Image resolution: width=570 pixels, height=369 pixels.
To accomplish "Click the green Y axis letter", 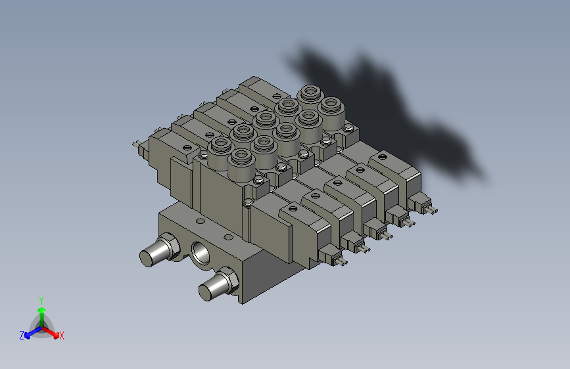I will [41, 299].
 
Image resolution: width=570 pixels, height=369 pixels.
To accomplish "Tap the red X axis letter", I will [62, 336].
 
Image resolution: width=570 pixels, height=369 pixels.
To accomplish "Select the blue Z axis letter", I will [22, 336].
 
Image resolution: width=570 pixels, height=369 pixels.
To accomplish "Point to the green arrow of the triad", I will [41, 311].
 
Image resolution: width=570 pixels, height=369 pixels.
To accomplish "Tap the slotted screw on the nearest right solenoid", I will [293, 209].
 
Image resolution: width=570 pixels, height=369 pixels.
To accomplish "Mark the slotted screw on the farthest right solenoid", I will [381, 158].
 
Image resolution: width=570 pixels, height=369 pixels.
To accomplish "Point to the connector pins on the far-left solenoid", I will [136, 144].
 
